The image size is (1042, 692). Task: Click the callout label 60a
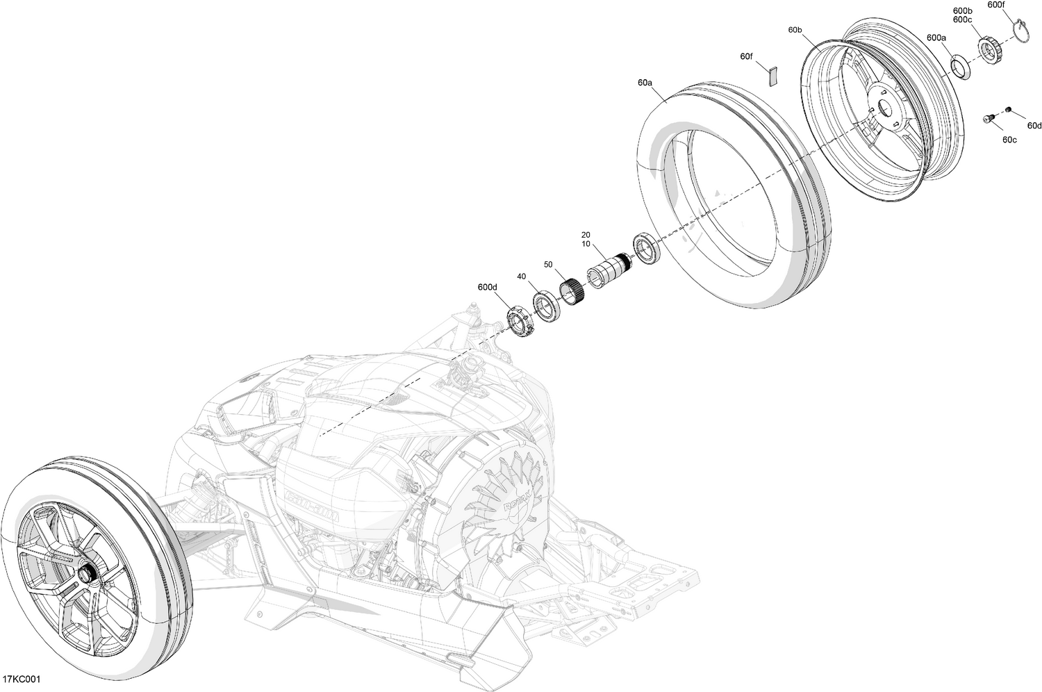[x=645, y=83]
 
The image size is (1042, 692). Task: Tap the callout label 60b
[x=795, y=31]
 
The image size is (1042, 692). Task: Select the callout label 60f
[x=746, y=56]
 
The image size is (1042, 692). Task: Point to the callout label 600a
[x=936, y=38]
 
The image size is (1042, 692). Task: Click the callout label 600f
[x=995, y=5]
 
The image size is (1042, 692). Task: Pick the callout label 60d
[x=1034, y=126]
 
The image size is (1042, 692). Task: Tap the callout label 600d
[x=488, y=287]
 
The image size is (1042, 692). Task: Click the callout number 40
[x=522, y=277]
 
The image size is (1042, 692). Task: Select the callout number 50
[x=548, y=265]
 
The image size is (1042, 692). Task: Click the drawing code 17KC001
[x=21, y=679]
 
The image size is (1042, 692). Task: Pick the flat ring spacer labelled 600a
[x=959, y=67]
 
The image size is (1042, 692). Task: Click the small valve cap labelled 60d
[x=1009, y=110]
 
